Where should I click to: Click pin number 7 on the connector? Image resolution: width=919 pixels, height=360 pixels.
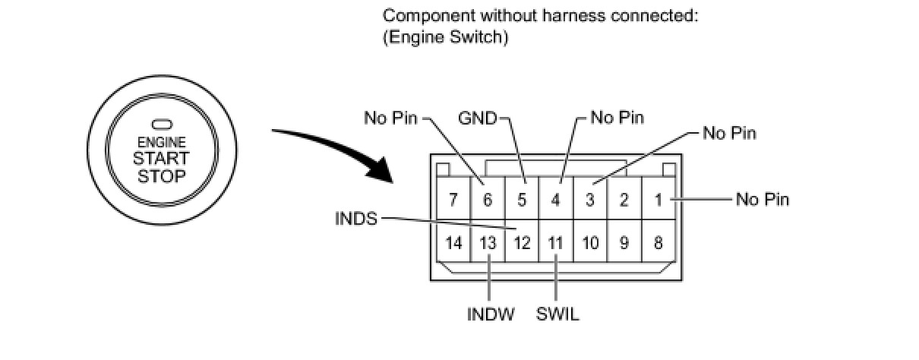click(x=453, y=201)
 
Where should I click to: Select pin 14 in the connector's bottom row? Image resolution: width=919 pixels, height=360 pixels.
click(x=453, y=244)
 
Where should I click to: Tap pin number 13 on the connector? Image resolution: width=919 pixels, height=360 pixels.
click(x=488, y=244)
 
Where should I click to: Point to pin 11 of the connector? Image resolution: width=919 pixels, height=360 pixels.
click(x=555, y=244)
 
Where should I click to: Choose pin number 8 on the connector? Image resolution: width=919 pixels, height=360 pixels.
click(x=658, y=244)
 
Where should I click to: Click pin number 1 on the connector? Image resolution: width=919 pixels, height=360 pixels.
click(x=658, y=201)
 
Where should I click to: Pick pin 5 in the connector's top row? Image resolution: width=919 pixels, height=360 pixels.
click(x=522, y=201)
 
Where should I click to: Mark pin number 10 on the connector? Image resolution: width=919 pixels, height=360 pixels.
click(x=590, y=244)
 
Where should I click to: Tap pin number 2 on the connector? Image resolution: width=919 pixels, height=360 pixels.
click(x=624, y=201)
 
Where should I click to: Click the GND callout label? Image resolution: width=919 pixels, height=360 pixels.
click(x=477, y=118)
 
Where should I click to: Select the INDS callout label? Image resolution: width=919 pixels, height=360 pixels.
click(x=355, y=219)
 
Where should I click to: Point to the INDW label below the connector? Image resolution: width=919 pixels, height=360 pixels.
click(x=490, y=314)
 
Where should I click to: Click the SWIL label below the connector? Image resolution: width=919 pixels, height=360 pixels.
click(x=557, y=314)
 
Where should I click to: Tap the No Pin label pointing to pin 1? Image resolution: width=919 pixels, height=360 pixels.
click(x=763, y=200)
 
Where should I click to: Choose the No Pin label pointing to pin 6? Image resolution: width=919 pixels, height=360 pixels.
click(x=391, y=118)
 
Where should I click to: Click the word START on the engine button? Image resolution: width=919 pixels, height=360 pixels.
click(x=160, y=159)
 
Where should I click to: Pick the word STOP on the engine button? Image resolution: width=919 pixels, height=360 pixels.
click(x=160, y=176)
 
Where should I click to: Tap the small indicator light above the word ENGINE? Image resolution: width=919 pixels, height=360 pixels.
click(x=161, y=125)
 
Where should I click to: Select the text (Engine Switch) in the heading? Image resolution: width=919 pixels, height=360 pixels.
click(x=444, y=38)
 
